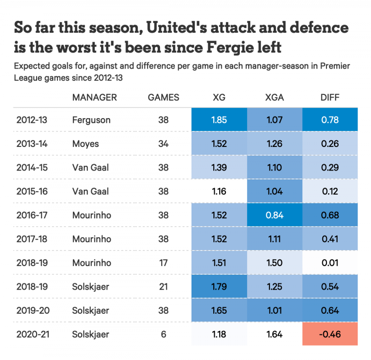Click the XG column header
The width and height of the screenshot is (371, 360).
pos(219,97)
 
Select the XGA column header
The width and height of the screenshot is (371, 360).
pos(275,97)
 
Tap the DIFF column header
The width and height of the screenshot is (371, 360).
pos(330,97)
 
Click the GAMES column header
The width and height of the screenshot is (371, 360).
pos(163,97)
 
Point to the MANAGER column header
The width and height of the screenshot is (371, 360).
pos(95,97)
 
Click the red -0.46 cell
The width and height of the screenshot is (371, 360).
pos(330,334)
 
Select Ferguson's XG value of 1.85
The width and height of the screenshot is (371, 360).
pos(219,120)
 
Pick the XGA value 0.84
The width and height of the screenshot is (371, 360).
pos(275,215)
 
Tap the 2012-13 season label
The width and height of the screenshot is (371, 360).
pos(32,120)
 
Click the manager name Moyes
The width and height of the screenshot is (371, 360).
pos(85,144)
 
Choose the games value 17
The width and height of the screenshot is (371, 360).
pos(163,263)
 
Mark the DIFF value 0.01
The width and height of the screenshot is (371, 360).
pos(330,263)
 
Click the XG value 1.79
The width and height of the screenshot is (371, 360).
pos(219,286)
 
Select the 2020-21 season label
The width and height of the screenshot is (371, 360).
pos(32,334)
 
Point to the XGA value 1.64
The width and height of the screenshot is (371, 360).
pos(275,334)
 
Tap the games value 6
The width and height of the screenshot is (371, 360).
pos(163,334)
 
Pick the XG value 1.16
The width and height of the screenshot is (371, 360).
pos(219,191)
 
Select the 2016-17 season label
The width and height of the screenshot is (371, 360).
pos(32,215)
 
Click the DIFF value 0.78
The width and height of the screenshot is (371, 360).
pos(330,120)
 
